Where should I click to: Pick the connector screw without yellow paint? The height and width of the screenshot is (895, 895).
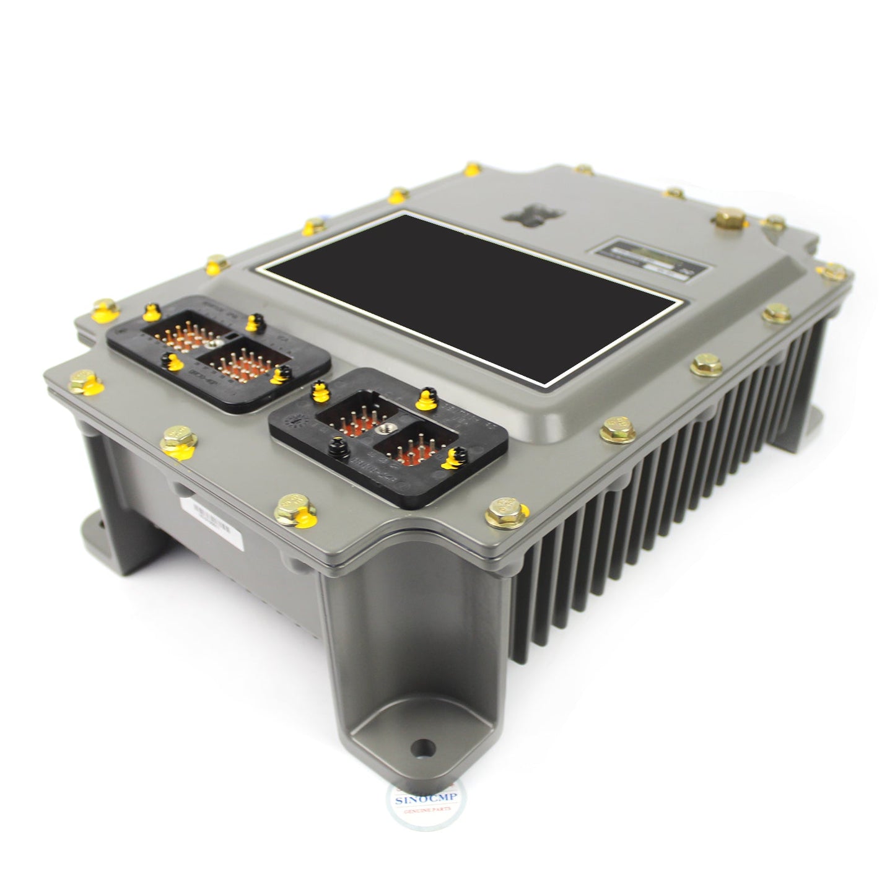click(336, 443)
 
